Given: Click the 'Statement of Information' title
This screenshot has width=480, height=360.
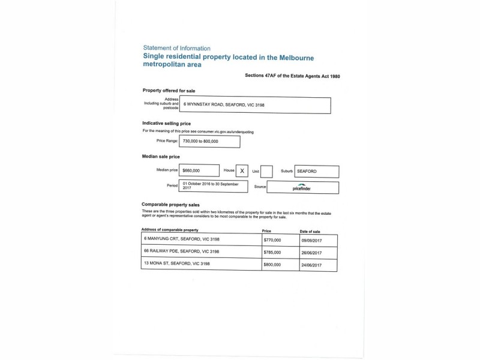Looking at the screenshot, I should click(x=178, y=47).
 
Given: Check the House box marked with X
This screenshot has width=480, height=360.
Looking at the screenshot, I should click(x=242, y=171).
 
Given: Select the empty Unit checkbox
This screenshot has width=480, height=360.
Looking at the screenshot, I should click(x=266, y=171).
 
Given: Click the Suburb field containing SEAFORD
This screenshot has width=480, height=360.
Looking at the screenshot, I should click(x=316, y=171).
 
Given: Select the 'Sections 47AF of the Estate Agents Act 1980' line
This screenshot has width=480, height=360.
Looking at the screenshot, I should click(x=293, y=76).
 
